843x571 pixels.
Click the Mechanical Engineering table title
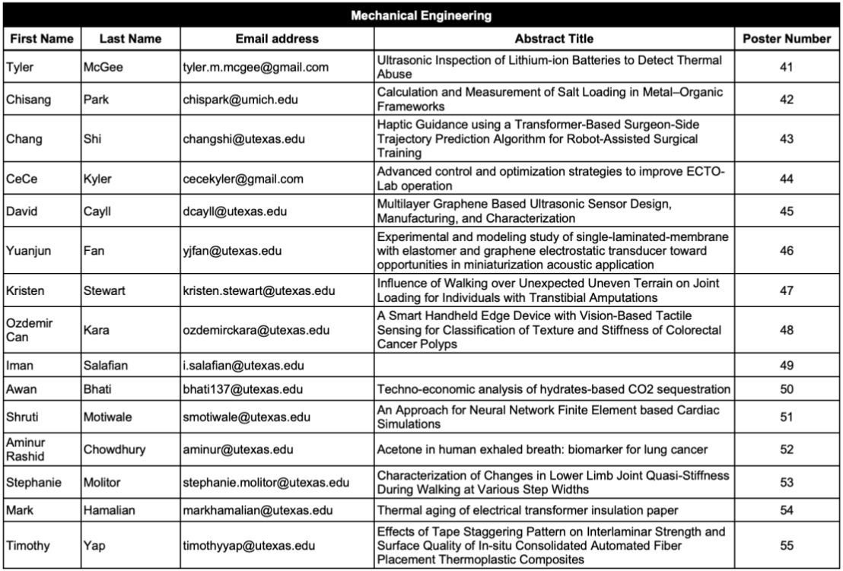[421, 15]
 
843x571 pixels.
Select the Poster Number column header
[786, 39]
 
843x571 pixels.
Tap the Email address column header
[277, 39]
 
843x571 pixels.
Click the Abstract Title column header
[554, 39]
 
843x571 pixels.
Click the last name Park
[95, 100]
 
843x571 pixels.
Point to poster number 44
[786, 179]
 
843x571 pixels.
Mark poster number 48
[786, 330]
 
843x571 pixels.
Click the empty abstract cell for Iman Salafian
[554, 366]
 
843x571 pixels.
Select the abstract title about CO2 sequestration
[554, 389]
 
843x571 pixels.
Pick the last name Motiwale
[107, 417]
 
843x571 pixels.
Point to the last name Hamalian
[109, 509]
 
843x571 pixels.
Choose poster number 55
[786, 546]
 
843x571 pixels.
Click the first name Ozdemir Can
[27, 330]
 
